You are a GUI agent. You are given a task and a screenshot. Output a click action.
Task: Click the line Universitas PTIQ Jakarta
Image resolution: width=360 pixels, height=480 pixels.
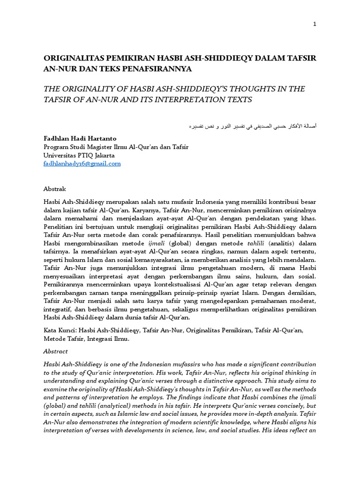click(79, 155)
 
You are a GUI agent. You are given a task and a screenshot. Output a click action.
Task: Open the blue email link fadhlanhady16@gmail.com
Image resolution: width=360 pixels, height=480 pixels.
click(82, 164)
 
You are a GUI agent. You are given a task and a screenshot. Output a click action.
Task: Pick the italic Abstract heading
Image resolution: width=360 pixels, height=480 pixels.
click(56, 351)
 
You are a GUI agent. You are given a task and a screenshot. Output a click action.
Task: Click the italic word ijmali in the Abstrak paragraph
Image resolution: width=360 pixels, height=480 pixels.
click(156, 243)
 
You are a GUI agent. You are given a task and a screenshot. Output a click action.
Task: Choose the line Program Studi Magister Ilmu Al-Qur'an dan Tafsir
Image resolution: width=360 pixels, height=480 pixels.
click(116, 147)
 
